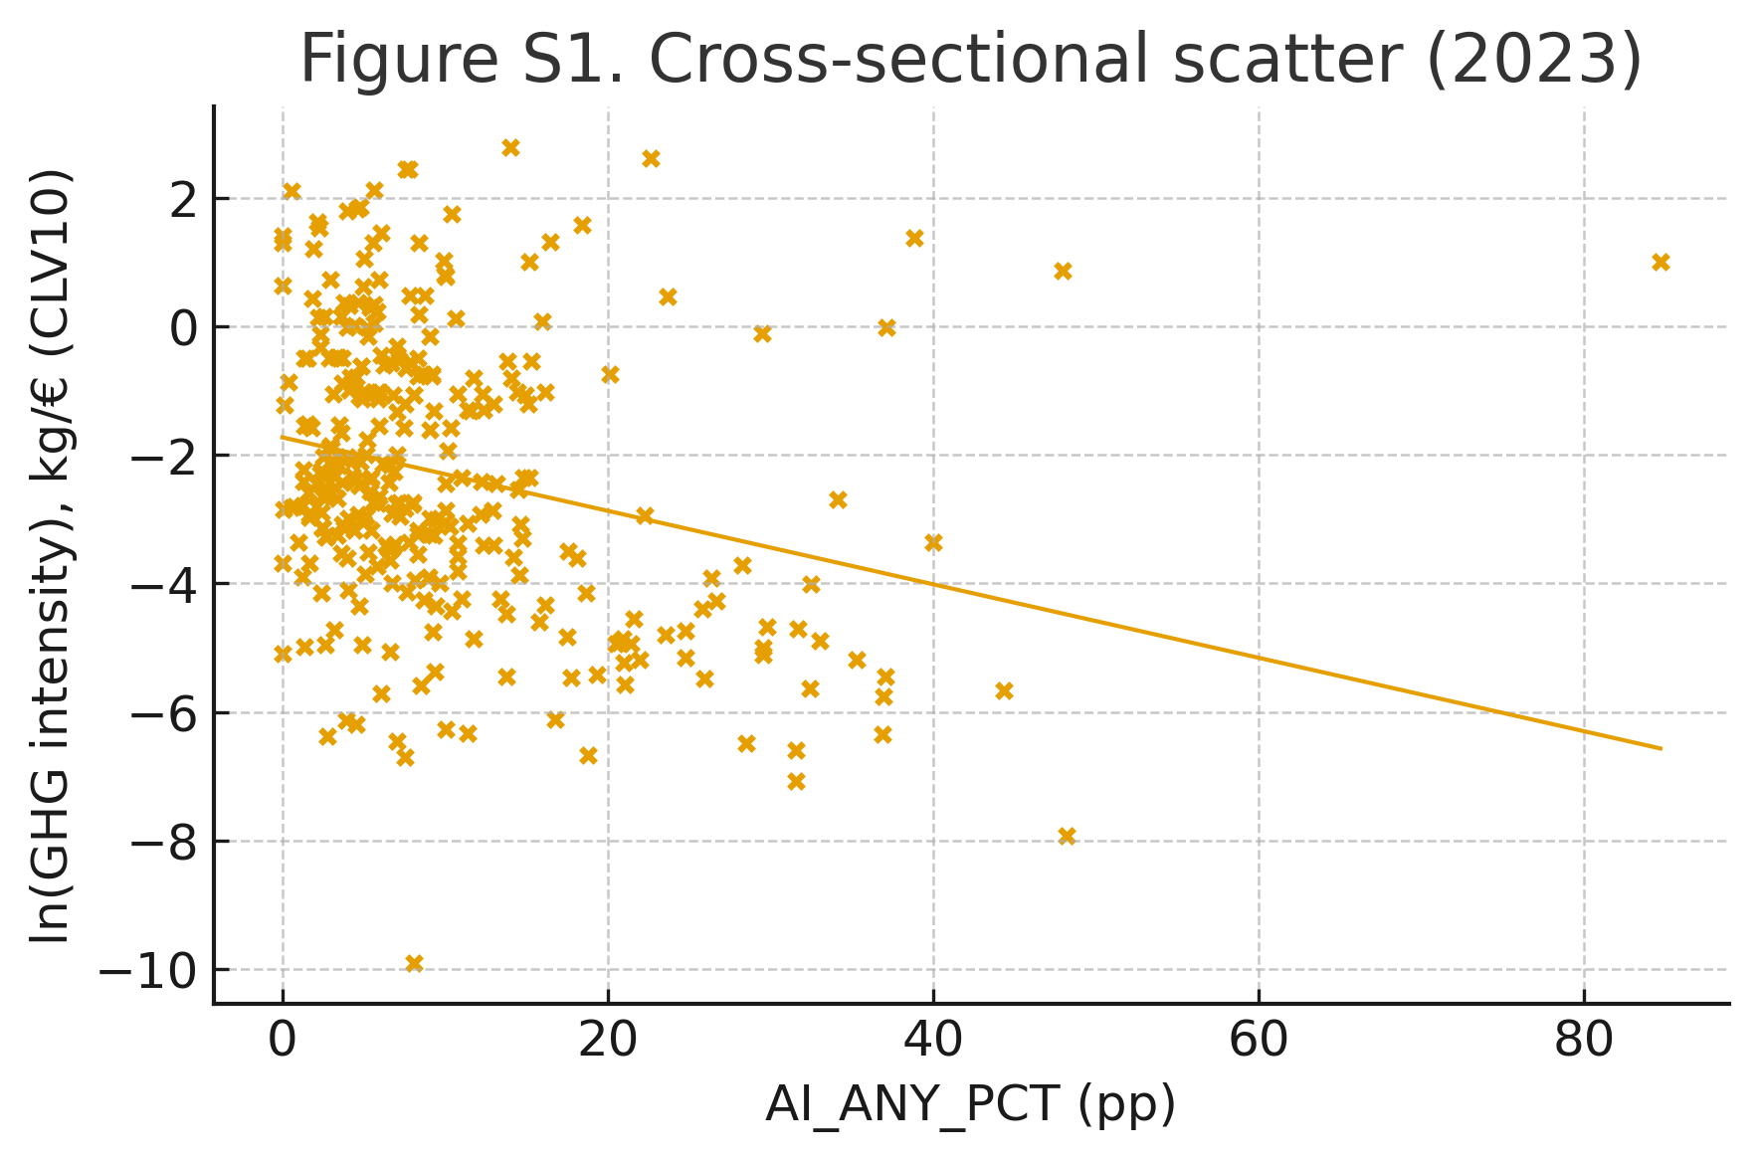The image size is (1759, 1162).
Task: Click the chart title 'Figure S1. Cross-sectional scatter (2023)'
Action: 970,60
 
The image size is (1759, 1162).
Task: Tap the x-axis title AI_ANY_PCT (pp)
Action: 970,1104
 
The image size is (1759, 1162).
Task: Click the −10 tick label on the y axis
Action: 149,971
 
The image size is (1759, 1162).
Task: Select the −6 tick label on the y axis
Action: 164,713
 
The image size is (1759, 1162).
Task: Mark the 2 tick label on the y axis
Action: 184,199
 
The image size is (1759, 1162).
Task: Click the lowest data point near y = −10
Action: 414,963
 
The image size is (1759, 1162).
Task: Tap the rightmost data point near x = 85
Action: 1661,263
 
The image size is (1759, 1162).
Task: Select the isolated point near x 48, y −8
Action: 1067,836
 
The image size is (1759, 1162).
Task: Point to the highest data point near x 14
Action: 510,148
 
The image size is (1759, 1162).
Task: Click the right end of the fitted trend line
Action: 1661,748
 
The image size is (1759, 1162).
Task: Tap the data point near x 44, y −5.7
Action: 1004,690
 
